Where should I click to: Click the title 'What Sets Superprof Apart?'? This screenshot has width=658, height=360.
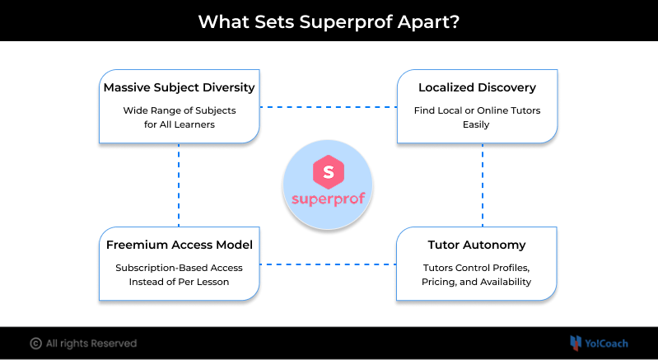(x=329, y=21)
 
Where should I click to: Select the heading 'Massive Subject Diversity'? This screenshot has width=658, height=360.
(x=179, y=86)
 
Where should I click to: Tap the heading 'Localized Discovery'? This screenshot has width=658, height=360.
(x=477, y=86)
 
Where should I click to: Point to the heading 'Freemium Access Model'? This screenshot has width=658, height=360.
(x=179, y=245)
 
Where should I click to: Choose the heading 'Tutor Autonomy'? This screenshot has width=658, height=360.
(x=477, y=245)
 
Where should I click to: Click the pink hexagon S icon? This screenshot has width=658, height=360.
(x=328, y=173)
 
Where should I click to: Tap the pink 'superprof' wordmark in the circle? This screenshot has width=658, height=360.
(x=328, y=199)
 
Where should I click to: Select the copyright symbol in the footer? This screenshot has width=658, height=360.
(x=35, y=344)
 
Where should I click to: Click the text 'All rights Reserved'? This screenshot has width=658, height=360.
(x=91, y=344)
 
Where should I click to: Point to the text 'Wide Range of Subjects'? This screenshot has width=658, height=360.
(x=179, y=110)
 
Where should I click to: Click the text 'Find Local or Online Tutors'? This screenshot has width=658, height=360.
(x=477, y=110)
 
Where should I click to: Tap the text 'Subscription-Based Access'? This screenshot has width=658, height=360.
(x=179, y=267)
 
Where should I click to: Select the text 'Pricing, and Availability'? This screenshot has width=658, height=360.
(x=477, y=282)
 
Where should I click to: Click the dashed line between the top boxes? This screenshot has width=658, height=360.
(x=328, y=107)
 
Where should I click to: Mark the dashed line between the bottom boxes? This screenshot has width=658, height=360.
(x=328, y=264)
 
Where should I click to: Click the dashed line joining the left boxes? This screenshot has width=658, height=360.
(x=179, y=185)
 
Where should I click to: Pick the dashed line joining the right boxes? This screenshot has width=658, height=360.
(x=482, y=185)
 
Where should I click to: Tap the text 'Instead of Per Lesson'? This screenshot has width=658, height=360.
(x=179, y=282)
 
